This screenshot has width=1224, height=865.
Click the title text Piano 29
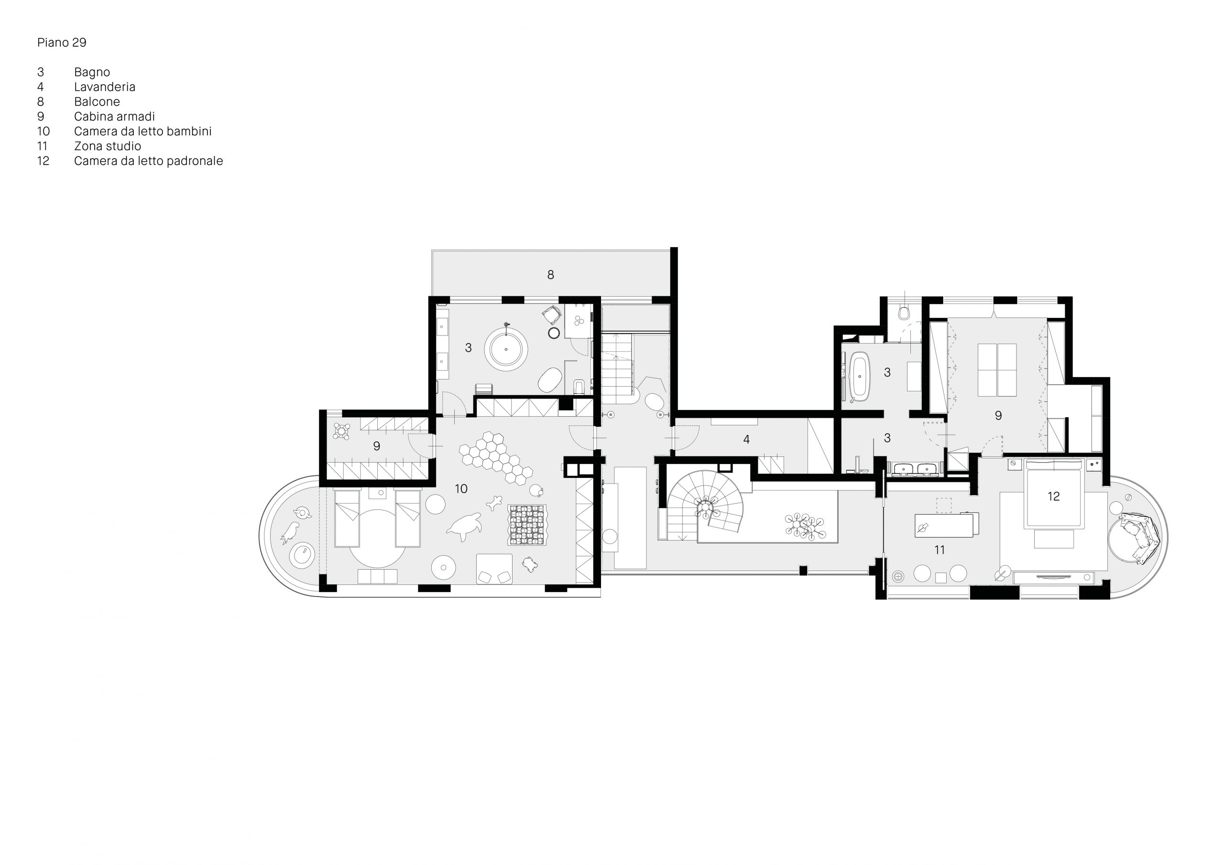(62, 43)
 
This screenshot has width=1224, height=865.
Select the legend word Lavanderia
(105, 87)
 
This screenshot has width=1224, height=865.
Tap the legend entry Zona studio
(108, 146)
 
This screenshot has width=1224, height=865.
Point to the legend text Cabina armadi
(115, 116)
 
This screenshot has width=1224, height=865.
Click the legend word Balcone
(97, 102)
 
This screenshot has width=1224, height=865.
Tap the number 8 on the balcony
(551, 274)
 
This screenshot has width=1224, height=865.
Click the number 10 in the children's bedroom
(461, 489)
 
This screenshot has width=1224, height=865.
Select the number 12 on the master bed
(1053, 496)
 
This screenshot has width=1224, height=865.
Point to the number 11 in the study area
(940, 550)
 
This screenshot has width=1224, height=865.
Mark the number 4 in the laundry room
(746, 439)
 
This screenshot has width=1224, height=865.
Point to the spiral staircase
(704, 506)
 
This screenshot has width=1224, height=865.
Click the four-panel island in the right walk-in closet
(997, 370)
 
